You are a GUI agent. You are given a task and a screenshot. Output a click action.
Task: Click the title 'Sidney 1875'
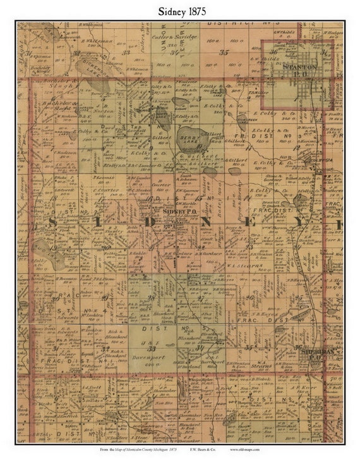click(x=180, y=11)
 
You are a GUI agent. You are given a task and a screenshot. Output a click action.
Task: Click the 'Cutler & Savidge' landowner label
click(x=167, y=37)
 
